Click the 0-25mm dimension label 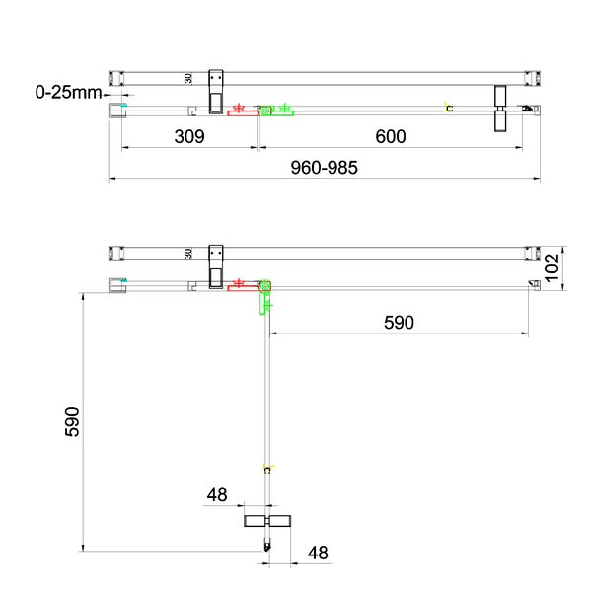point(68,92)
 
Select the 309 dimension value point(189,136)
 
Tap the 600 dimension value point(391,136)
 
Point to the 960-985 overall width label point(324,168)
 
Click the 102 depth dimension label point(552,267)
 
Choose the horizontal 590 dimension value point(399,323)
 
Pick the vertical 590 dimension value point(72,421)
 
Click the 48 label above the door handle point(217,494)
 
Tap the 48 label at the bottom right point(318,553)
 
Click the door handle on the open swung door point(267,521)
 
